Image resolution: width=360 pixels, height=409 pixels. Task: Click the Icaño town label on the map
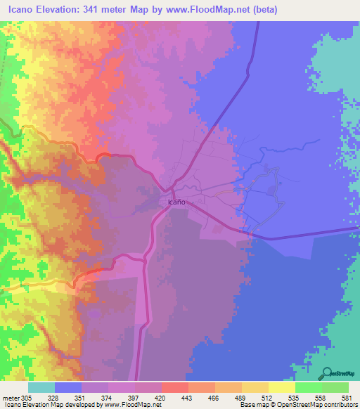(x=177, y=202)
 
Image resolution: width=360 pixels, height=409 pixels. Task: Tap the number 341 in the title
(x=93, y=10)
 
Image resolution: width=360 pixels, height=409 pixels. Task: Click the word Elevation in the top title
(x=56, y=10)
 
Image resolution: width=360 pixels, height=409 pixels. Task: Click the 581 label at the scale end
(x=348, y=396)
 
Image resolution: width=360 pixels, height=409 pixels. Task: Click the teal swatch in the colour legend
(x=41, y=387)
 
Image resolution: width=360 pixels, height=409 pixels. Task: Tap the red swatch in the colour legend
(x=175, y=387)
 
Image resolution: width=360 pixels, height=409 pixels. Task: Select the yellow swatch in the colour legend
(x=282, y=387)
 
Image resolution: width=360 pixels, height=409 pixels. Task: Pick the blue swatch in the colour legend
(x=68, y=387)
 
